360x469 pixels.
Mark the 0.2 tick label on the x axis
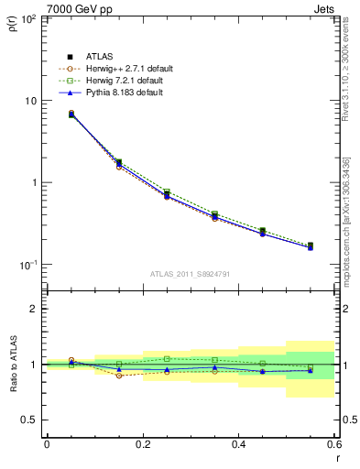[x=142, y=445]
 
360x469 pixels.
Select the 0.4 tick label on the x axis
[x=238, y=445]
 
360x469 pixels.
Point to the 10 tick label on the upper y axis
[x=31, y=101]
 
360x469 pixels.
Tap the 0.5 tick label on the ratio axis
[x=27, y=420]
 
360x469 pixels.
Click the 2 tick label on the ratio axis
[x=33, y=309]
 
